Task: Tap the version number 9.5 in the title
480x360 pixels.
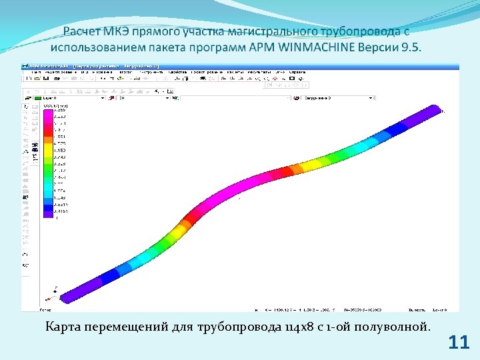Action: tap(411, 49)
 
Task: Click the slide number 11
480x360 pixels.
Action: tap(459, 343)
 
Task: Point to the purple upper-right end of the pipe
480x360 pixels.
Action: tap(430, 114)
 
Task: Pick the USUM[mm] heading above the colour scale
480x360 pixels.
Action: tap(55, 105)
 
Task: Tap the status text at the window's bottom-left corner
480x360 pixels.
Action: tap(46, 310)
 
